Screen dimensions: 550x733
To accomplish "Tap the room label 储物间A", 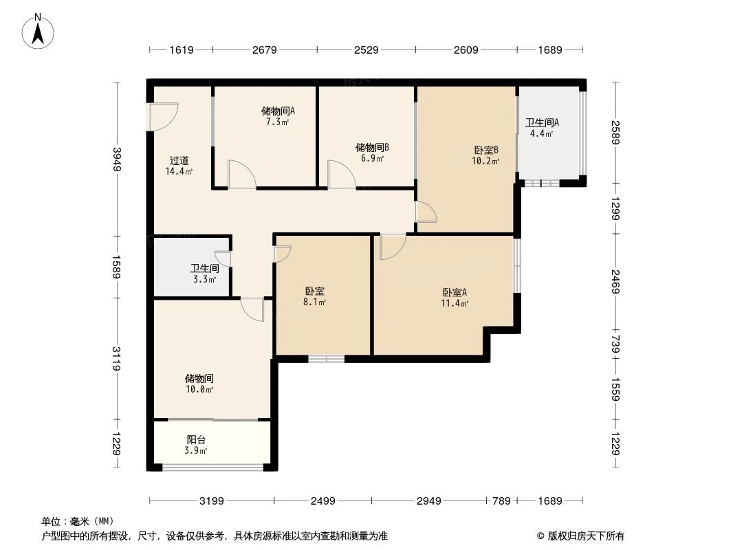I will (x=278, y=110).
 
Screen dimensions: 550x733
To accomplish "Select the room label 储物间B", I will (x=372, y=147).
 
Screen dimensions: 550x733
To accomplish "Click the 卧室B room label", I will (x=485, y=151).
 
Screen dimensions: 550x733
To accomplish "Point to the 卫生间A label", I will (x=542, y=123).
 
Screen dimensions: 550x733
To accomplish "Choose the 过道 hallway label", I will (x=179, y=161).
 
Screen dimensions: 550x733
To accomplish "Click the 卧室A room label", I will (x=455, y=291).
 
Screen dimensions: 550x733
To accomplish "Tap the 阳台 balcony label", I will (x=196, y=440).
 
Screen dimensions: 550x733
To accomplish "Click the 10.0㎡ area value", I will (x=199, y=389).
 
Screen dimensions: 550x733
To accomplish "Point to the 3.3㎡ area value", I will (x=204, y=279).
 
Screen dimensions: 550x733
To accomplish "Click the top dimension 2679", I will (x=264, y=49).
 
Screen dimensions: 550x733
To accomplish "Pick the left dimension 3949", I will (x=116, y=159).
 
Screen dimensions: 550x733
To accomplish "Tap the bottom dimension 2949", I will (x=428, y=501).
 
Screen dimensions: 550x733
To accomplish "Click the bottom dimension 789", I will (x=501, y=501).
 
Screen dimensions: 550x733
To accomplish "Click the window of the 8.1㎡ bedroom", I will (x=326, y=358).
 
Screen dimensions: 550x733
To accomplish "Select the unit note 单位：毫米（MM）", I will (x=77, y=521).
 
